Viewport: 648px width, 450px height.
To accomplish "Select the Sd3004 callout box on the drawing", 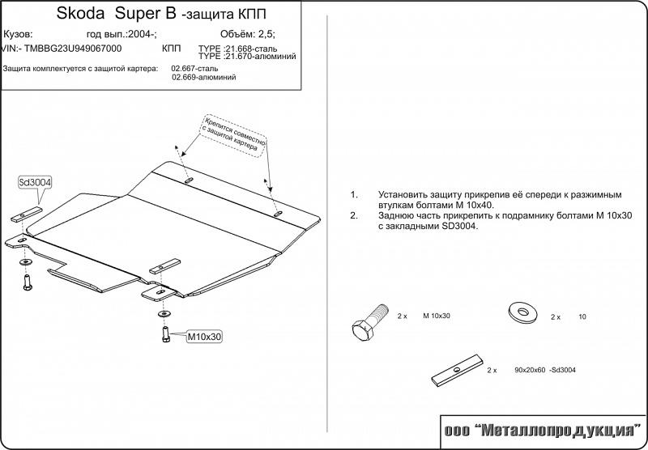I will point(35,183).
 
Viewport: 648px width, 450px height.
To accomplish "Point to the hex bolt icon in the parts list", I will point(364,323).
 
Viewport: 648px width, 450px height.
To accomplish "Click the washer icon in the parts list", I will point(521,312).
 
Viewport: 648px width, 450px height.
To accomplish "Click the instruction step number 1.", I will point(354,195).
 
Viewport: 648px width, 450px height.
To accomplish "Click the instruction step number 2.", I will point(354,216).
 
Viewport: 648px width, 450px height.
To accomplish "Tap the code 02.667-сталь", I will point(195,69).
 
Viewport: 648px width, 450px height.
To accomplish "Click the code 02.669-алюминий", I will point(204,78).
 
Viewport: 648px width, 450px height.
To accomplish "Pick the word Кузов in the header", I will point(19,35).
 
